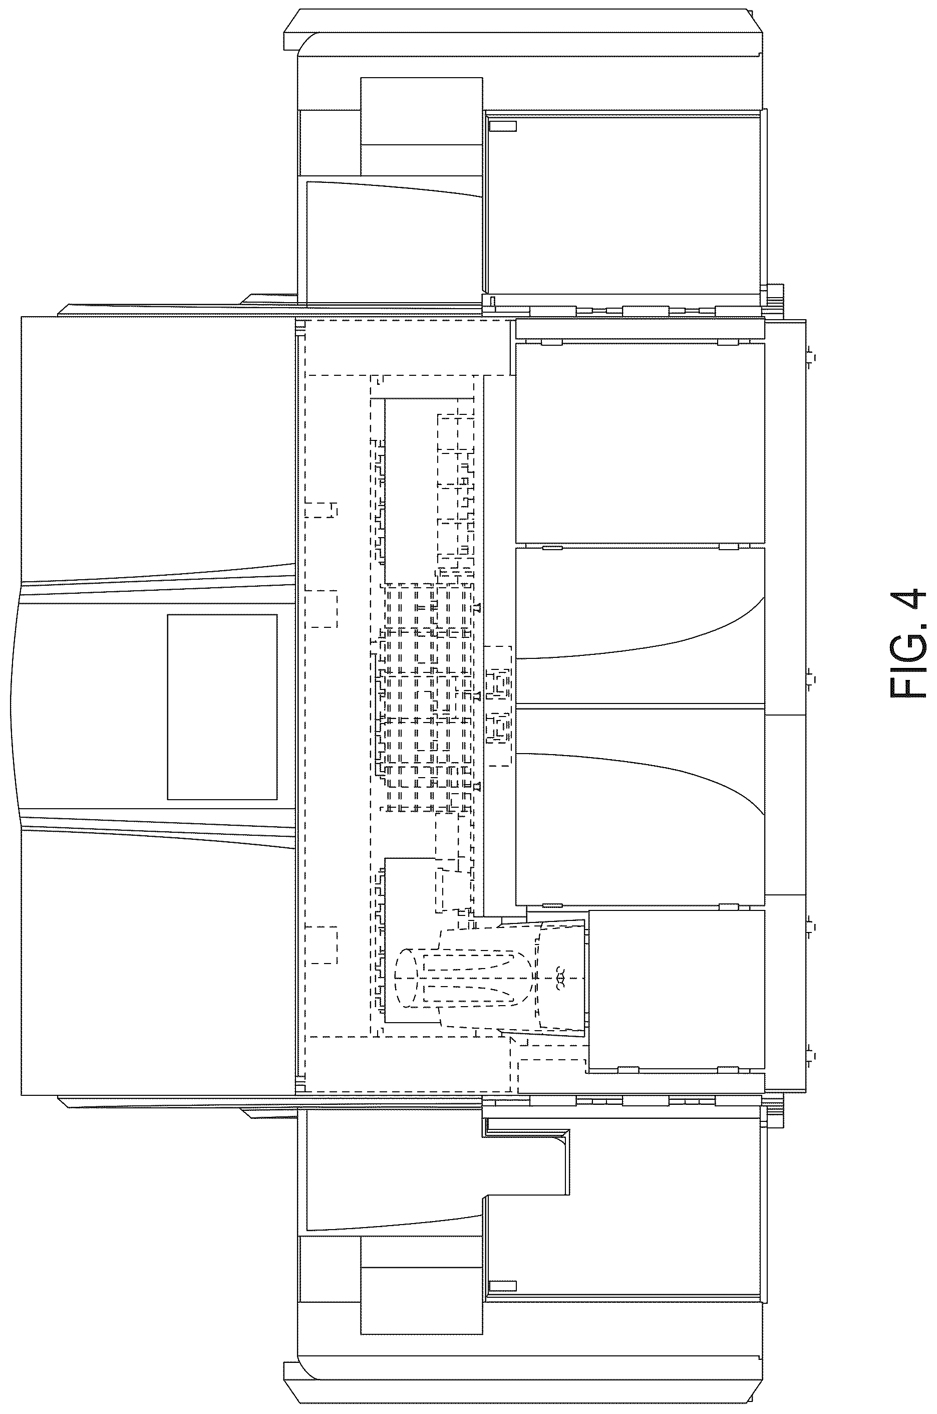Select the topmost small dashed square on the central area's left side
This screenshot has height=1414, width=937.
[322, 510]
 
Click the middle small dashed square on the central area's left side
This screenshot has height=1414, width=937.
[322, 609]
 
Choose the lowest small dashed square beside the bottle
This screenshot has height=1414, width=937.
[322, 945]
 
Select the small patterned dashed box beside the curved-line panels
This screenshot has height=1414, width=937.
[498, 705]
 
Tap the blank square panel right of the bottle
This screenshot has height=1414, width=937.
[677, 990]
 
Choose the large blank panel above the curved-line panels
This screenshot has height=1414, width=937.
[640, 443]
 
